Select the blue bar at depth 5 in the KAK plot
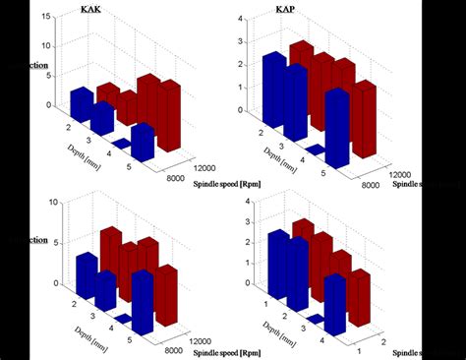(x=143, y=142)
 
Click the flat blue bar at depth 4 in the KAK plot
(x=122, y=144)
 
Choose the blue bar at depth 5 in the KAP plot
(x=337, y=128)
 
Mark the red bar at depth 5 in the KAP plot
(x=364, y=119)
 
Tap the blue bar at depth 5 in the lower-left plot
(x=143, y=301)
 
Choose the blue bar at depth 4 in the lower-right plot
(x=335, y=304)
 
